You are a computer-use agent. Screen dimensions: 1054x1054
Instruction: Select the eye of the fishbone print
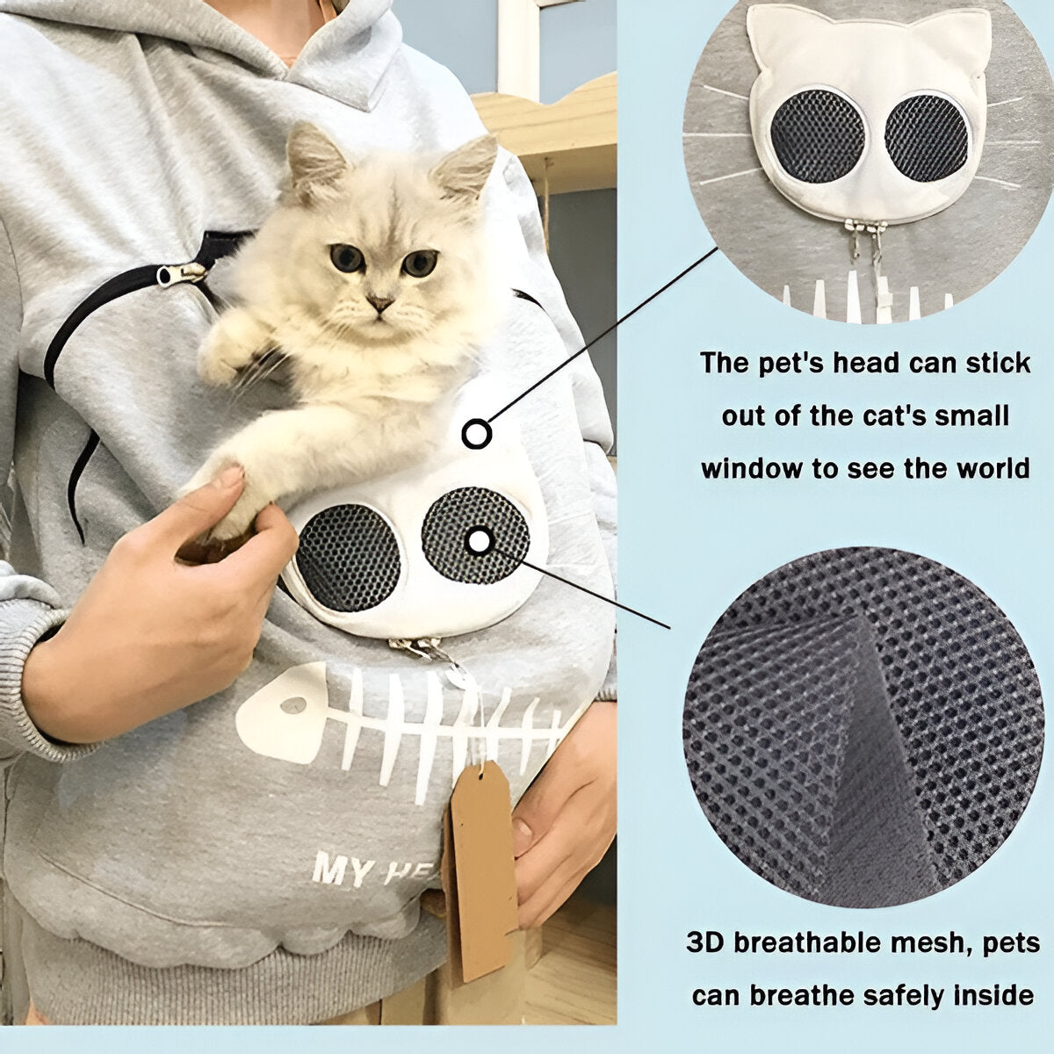coord(296,704)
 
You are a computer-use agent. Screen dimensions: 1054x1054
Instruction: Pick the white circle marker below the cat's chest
coord(476,433)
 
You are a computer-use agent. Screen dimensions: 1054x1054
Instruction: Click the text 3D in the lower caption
coord(706,942)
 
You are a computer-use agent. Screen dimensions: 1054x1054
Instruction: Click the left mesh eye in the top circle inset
coord(817,136)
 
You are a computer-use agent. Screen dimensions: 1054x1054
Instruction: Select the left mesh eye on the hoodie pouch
coord(348,558)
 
